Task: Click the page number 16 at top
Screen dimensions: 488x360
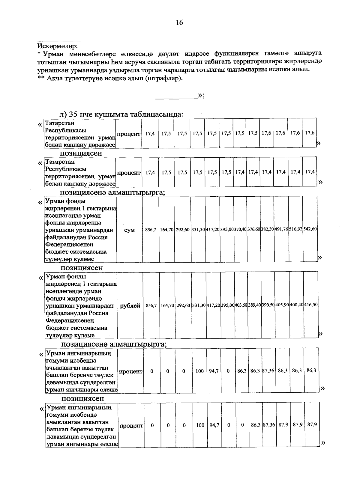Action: click(179, 22)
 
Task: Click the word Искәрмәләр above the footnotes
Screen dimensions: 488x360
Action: click(57, 46)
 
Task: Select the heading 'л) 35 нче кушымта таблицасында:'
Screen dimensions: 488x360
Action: click(121, 115)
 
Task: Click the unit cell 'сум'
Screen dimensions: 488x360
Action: click(129, 230)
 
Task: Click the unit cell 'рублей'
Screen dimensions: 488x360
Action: click(130, 306)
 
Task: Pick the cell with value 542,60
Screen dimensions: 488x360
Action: click(310, 229)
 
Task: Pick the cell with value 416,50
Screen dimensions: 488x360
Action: click(311, 305)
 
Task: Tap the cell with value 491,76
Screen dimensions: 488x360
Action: click(281, 229)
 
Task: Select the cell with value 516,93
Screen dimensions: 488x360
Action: click(296, 229)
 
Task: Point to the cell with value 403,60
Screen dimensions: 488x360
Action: click(241, 305)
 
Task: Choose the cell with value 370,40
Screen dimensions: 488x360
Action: click(240, 229)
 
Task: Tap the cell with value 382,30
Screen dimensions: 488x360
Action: click(267, 229)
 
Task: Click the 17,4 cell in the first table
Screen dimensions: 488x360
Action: click(150, 133)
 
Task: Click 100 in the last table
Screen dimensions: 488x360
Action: click(200, 425)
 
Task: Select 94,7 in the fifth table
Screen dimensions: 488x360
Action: click(214, 371)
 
